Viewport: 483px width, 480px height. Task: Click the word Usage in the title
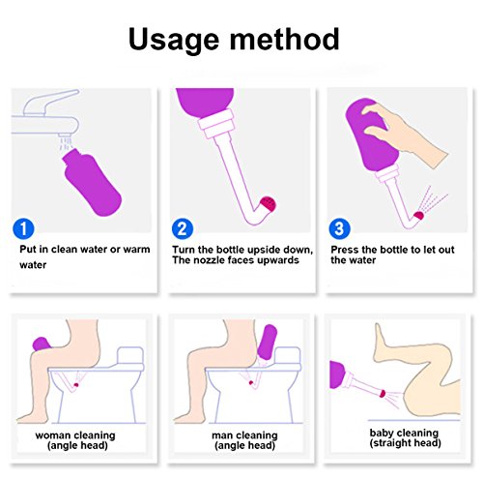coord(174,40)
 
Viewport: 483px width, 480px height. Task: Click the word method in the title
coord(284,39)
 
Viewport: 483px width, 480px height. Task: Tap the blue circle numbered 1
coord(23,228)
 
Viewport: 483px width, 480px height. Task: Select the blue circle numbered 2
coord(183,228)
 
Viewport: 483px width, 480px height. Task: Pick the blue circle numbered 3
coord(339,228)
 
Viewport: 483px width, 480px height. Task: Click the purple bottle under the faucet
coord(92,182)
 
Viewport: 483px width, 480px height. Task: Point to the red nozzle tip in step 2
coord(269,204)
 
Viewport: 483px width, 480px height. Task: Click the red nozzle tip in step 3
coord(418,215)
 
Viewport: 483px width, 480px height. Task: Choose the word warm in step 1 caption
coord(136,250)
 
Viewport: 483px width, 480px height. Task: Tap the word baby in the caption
coord(381,434)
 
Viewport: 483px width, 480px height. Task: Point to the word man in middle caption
coord(221,435)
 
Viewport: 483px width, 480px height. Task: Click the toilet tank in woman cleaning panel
coord(130,355)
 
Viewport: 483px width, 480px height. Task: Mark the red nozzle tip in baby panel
coord(383,394)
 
